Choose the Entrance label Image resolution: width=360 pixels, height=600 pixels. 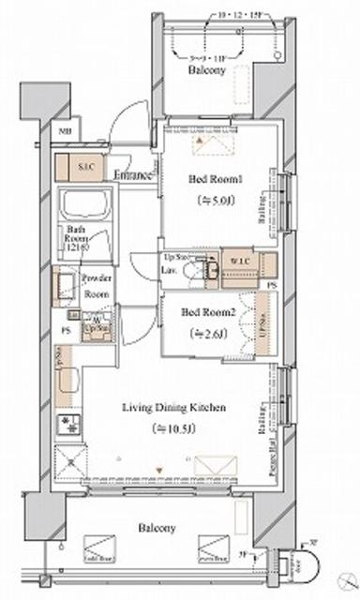tap(133, 173)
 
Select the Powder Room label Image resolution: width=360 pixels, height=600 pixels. tap(97, 284)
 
